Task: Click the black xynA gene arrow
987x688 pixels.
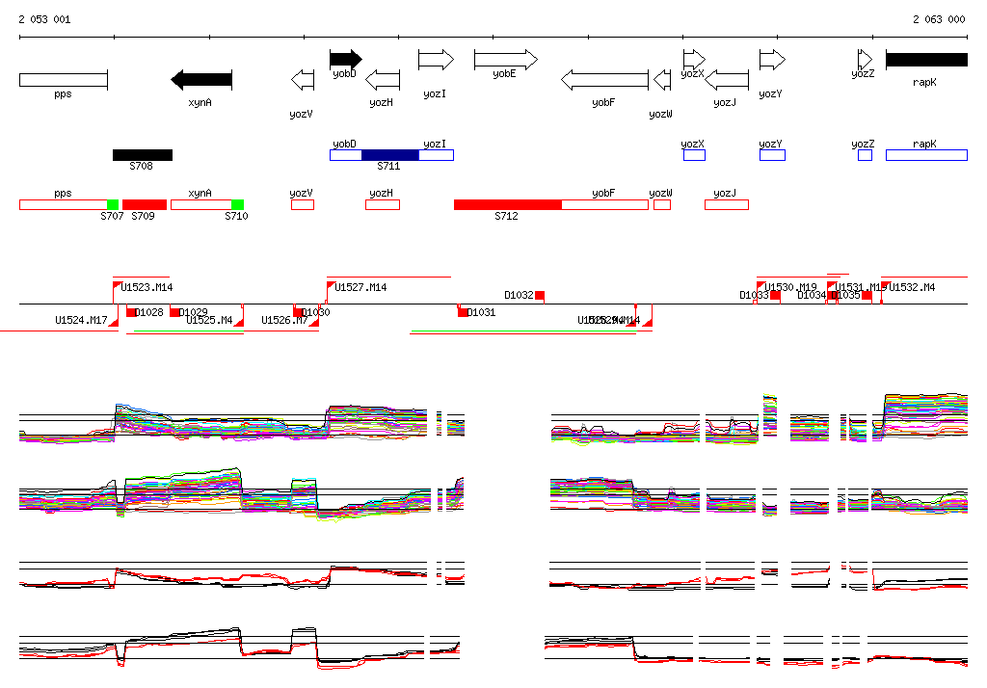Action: tap(201, 79)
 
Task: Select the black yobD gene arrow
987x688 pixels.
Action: tap(345, 59)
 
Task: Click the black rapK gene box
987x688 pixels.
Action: tap(926, 60)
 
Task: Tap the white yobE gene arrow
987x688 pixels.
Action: tap(505, 60)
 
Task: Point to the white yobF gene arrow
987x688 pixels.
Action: tap(604, 79)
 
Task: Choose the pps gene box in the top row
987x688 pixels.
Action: tap(63, 79)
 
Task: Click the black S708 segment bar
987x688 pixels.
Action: tap(143, 154)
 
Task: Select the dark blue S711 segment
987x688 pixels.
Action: tap(390, 154)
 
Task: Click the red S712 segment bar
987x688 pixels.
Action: tap(508, 204)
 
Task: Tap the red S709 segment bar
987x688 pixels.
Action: tap(145, 204)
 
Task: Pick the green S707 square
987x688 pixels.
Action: tap(113, 204)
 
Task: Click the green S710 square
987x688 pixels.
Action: tap(237, 204)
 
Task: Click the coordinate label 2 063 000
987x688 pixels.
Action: tap(939, 19)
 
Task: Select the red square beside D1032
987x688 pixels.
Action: tap(540, 295)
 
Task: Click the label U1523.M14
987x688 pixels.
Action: tap(147, 287)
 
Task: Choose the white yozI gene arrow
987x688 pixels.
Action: tap(436, 60)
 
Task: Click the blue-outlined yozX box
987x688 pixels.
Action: tap(694, 154)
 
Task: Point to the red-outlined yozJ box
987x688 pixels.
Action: tap(727, 204)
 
